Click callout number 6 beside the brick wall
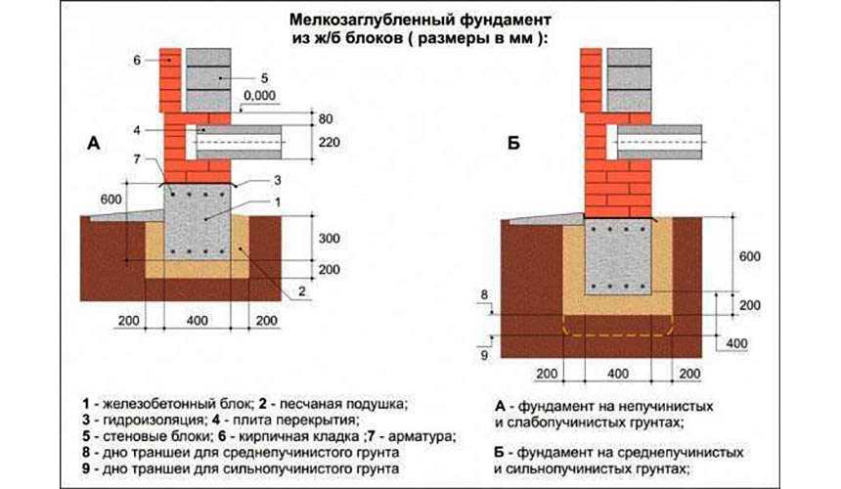tap(139, 61)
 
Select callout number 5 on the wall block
tap(265, 76)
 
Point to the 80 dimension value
tap(326, 118)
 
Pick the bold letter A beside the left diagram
tap(94, 144)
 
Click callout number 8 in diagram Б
tap(483, 293)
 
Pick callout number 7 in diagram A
tap(139, 159)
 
